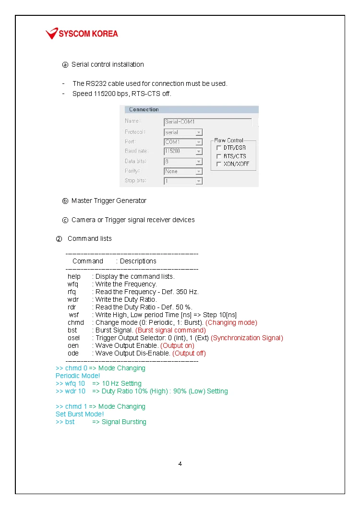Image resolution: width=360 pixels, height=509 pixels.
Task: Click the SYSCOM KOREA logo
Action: tap(82, 34)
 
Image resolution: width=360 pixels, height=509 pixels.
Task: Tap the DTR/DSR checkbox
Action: tap(219, 148)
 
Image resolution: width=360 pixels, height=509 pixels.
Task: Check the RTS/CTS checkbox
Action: tap(219, 156)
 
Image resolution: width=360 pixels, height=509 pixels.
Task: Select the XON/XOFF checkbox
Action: tap(219, 164)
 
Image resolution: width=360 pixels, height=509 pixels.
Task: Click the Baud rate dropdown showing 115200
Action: tap(183, 151)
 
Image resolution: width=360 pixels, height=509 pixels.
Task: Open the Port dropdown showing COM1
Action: tap(183, 142)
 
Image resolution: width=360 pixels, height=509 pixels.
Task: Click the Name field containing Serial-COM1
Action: tap(207, 122)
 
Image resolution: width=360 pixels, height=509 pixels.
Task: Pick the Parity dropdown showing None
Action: tap(183, 171)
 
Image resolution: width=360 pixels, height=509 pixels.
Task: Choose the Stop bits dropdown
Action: tap(183, 181)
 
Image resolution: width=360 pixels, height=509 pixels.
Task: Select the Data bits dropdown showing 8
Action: tap(183, 161)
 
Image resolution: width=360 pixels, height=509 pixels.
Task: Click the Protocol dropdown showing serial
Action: tap(183, 132)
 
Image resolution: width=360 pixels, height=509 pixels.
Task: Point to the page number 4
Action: tap(180, 464)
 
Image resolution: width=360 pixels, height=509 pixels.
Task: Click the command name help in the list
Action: tap(74, 276)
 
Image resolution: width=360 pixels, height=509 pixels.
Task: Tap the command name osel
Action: tap(73, 338)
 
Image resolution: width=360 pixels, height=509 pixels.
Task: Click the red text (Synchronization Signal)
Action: tap(247, 338)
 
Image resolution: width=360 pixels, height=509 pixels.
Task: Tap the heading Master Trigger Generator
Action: tap(109, 201)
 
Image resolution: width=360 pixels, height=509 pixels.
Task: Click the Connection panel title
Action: tap(144, 109)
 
